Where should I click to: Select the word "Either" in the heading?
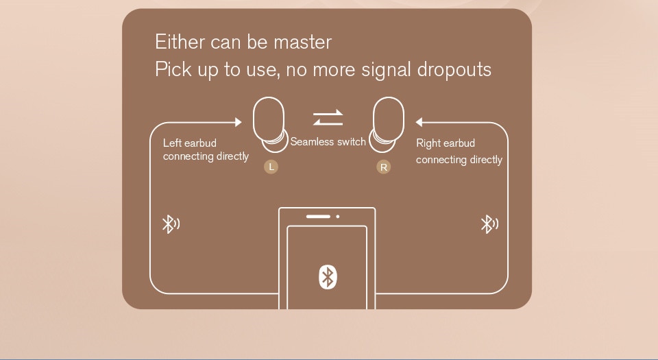(180, 43)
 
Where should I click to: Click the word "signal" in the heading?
(376, 71)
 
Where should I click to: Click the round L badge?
(271, 167)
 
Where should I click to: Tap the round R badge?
(383, 167)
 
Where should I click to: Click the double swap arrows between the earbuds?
(328, 118)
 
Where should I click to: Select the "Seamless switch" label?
(328, 142)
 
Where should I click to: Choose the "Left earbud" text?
(190, 143)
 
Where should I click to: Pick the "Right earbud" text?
(446, 143)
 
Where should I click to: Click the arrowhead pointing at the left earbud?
(238, 122)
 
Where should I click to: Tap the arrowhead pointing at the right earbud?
(419, 123)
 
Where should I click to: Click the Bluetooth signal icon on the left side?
(169, 224)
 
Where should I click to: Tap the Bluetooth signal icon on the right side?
(489, 224)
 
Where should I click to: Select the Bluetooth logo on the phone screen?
(328, 276)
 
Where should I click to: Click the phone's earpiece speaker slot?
(318, 217)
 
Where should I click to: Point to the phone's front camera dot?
(338, 217)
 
